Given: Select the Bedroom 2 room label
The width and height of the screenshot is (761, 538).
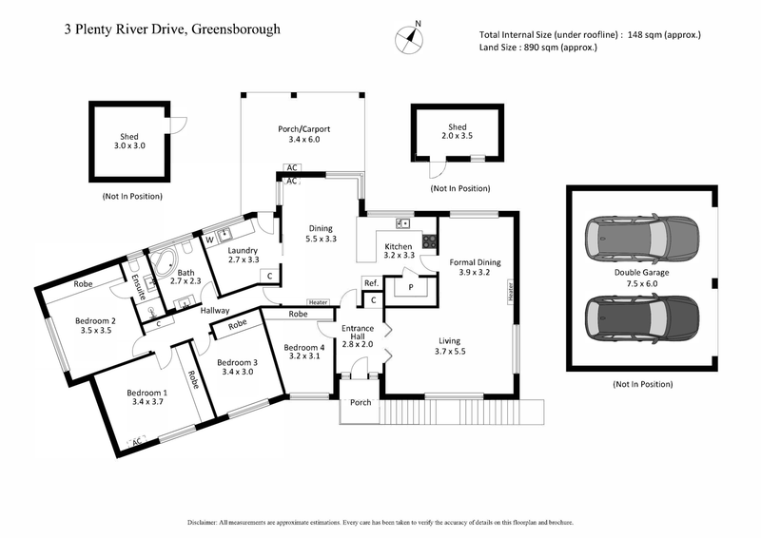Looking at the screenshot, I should pos(94,325).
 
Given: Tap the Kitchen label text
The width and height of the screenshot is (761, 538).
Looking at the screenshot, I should pos(398,249).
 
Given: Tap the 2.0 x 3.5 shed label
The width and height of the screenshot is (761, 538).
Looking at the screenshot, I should pos(458,132).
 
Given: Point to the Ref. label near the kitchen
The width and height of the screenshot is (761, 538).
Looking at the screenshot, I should pos(371,283).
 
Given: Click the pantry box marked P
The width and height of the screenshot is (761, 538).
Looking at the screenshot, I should pos(411,286).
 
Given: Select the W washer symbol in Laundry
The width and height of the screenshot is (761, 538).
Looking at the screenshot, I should pos(209,240).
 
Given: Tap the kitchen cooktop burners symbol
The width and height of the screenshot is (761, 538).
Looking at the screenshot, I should pos(429,240).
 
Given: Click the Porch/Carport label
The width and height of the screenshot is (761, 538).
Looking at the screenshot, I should pos(303,134).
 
